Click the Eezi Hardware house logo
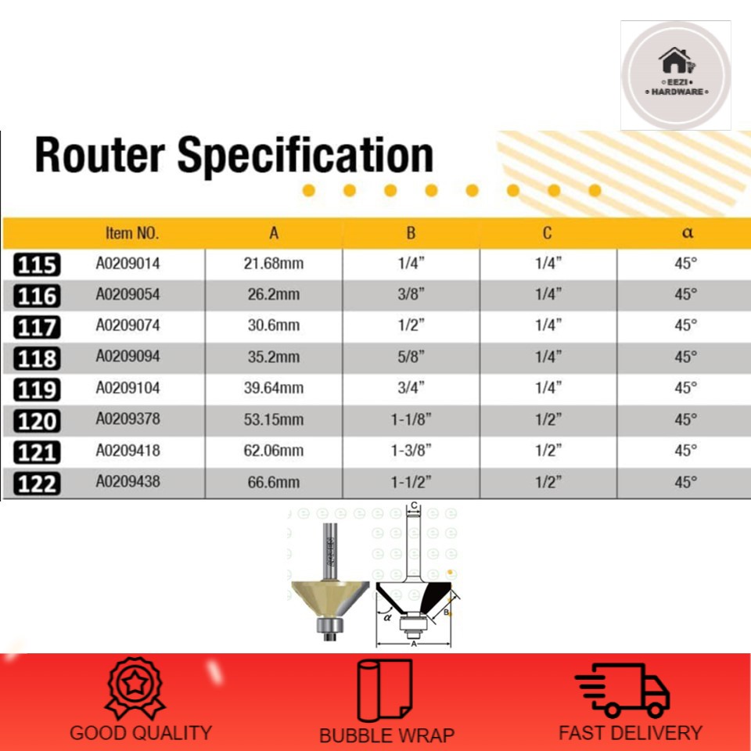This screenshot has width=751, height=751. (676, 75)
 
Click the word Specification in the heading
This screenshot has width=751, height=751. (306, 155)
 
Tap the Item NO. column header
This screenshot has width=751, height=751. (132, 233)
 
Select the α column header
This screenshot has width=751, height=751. (688, 233)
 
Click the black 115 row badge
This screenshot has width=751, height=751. (37, 265)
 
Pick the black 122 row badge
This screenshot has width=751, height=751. (37, 483)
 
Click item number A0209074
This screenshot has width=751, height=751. (128, 325)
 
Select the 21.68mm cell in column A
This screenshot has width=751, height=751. (274, 264)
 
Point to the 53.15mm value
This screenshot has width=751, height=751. (274, 419)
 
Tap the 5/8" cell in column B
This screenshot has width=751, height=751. (411, 357)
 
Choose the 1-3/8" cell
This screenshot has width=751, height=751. (411, 451)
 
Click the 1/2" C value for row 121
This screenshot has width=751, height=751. (548, 451)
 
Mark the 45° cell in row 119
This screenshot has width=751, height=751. (685, 387)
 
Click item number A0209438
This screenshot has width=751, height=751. (128, 481)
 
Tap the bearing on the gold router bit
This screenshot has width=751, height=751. (329, 626)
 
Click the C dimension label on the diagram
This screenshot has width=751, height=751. (415, 505)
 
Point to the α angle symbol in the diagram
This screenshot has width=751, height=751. (388, 617)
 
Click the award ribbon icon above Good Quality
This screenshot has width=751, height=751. (135, 688)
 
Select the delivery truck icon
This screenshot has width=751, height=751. (622, 690)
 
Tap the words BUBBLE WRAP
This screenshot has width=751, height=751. (386, 735)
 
